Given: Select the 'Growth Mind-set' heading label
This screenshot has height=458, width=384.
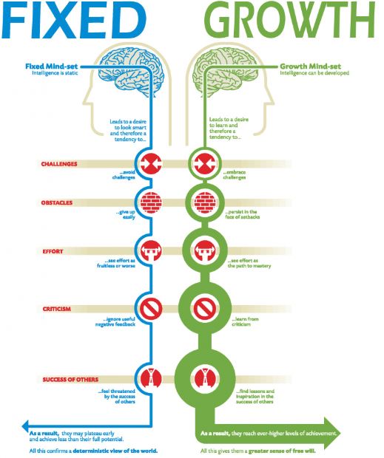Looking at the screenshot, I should (x=315, y=66).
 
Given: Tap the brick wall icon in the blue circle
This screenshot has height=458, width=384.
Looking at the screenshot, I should (x=150, y=201).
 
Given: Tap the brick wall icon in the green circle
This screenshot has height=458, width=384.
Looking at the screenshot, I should (x=201, y=201).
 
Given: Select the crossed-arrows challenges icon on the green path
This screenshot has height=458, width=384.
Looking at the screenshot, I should (x=201, y=163).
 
